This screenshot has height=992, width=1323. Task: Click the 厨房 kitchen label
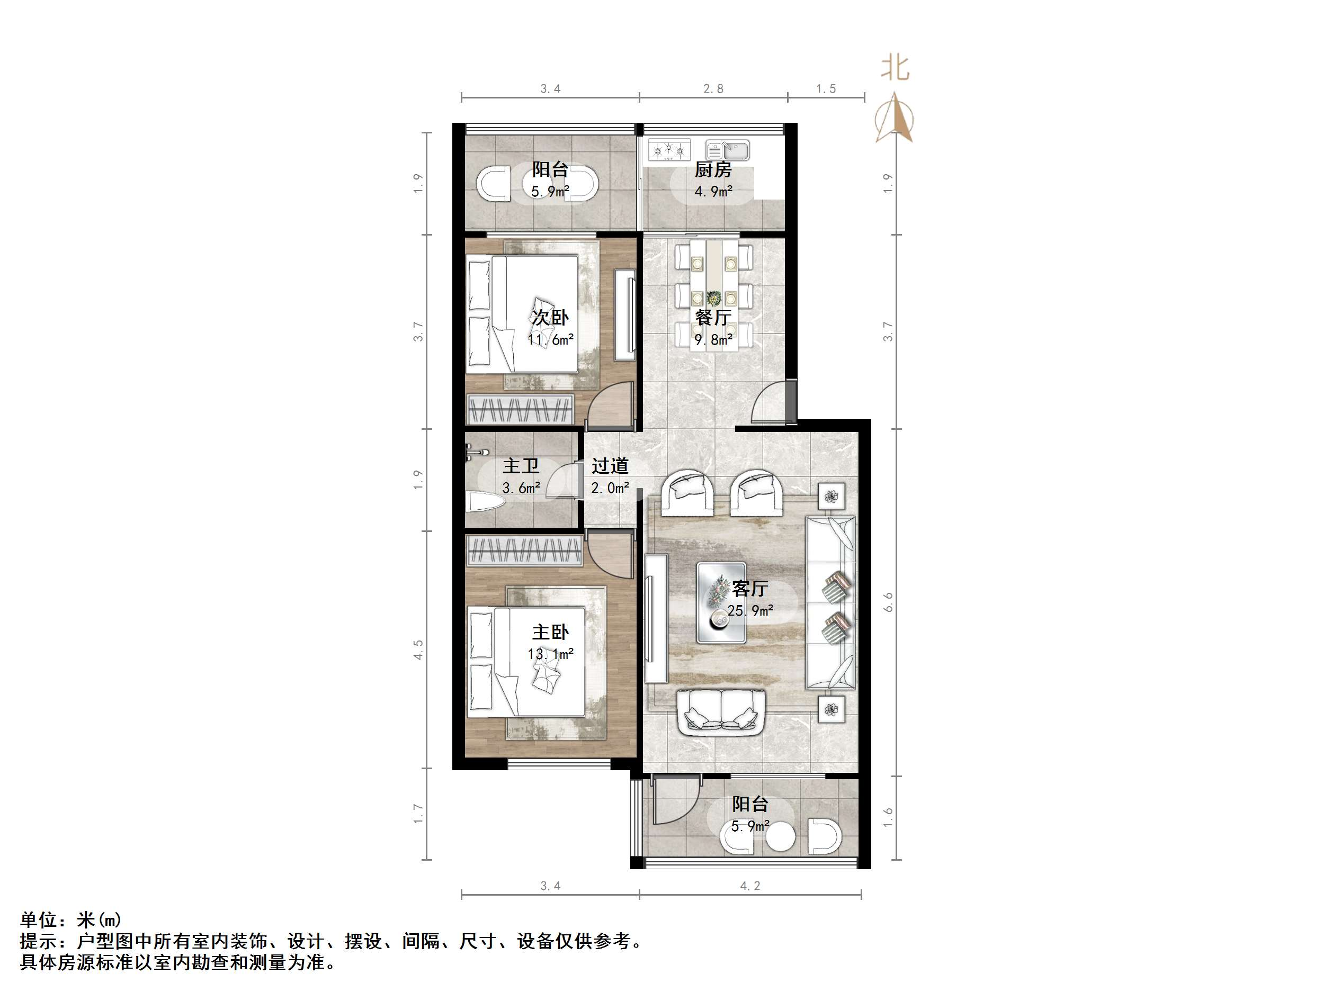(712, 170)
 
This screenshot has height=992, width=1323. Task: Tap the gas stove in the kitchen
(669, 150)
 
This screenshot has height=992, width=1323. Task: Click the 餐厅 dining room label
(712, 318)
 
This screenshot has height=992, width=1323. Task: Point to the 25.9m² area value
(750, 611)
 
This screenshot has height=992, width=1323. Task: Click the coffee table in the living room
(721, 603)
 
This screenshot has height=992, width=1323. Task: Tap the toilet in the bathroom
(485, 501)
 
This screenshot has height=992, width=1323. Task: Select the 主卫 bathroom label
(520, 466)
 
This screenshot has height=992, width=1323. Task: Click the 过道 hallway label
(610, 466)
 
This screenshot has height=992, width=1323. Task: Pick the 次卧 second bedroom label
(550, 318)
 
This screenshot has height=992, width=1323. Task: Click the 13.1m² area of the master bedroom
(550, 654)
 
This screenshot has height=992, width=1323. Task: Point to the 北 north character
(895, 68)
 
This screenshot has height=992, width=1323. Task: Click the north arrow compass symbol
(894, 119)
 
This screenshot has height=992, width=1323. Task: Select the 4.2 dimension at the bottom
(750, 886)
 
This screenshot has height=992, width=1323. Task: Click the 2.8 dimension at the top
(713, 89)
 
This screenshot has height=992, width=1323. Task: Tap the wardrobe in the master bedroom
(524, 550)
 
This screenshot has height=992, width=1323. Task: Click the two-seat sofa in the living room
(721, 712)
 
